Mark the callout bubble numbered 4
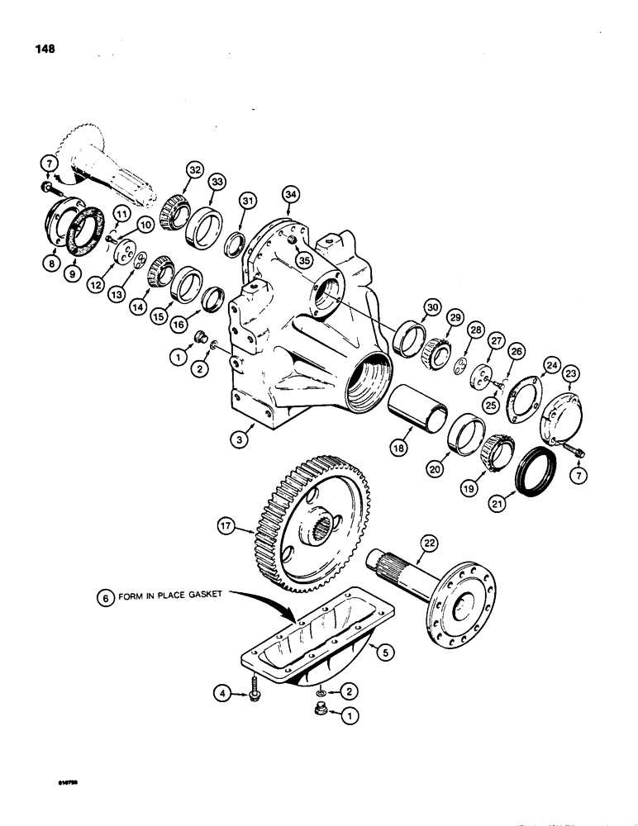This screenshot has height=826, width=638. (221, 695)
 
